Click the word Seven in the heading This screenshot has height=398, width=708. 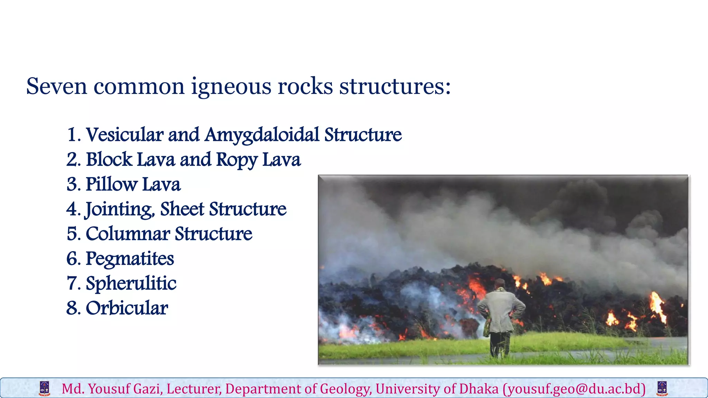coord(57,86)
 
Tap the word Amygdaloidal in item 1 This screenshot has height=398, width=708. coord(262,135)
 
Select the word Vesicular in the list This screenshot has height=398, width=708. coord(124,135)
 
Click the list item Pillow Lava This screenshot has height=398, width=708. coord(133,184)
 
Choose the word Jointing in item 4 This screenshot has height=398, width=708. coord(120,209)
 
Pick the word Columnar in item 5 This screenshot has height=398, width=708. coord(128,234)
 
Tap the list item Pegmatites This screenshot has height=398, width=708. coord(130,259)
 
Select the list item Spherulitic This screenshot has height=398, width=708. coord(131,284)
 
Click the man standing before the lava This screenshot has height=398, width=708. coord(501,318)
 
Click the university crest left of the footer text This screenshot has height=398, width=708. coord(45,388)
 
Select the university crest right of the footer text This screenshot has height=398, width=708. coord(662,388)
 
